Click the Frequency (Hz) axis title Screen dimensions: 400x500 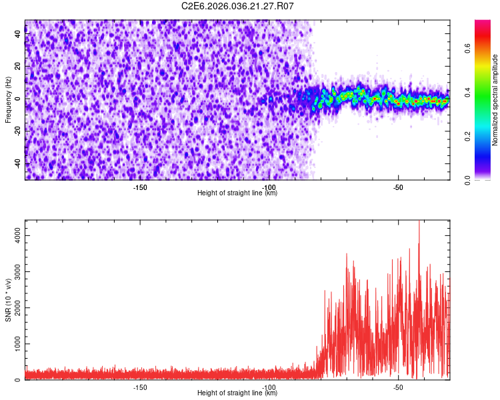click(8, 99)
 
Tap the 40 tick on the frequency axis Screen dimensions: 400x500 click(18, 35)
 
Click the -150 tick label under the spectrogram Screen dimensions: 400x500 click(140, 187)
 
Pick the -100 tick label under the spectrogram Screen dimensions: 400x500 click(269, 187)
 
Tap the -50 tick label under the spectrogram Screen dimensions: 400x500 click(398, 187)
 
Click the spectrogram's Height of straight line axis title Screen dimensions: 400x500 click(237, 193)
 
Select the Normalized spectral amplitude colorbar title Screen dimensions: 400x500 click(495, 99)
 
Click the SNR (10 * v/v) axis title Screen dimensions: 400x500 click(8, 299)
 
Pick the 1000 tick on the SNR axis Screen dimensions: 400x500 click(15, 344)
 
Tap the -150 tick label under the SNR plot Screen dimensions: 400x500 click(140, 387)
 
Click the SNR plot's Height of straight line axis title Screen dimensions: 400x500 click(237, 393)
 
